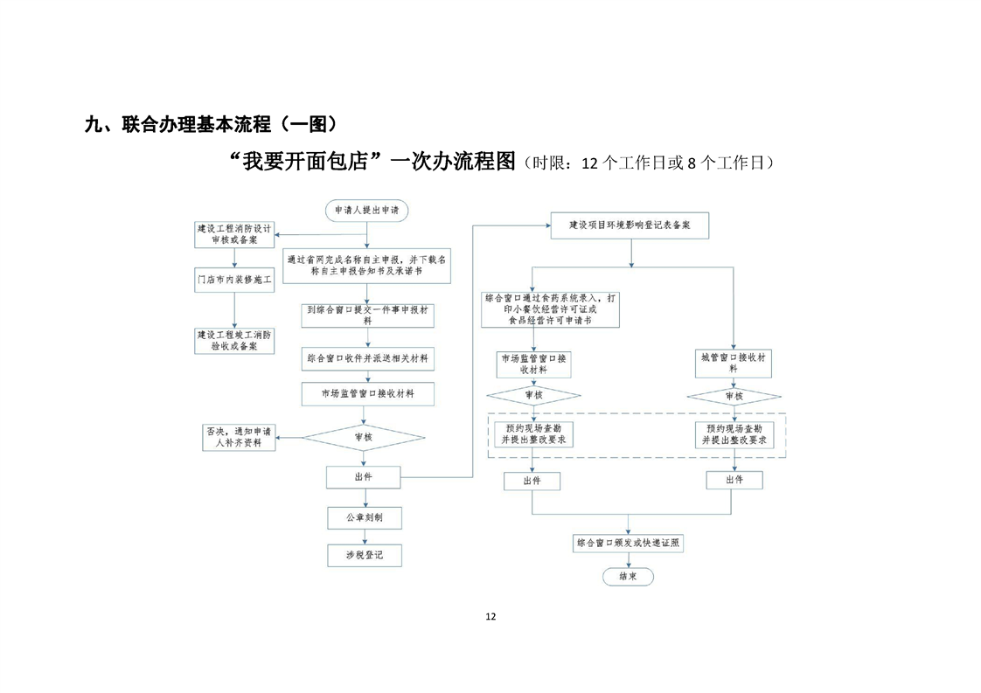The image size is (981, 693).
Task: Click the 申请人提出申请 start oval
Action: coord(366,211)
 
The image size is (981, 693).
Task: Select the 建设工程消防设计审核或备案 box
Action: coord(233,233)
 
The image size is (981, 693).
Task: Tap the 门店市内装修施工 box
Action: coord(233,280)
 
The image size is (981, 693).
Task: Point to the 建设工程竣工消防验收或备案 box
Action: coord(233,340)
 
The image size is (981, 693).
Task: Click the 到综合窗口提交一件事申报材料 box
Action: coord(367,315)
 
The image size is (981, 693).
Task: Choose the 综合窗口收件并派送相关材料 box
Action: coord(367,358)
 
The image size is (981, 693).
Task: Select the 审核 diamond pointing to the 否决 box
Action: coord(364,437)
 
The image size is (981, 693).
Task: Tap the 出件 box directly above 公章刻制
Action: coord(364,477)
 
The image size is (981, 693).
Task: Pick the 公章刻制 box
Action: coord(364,517)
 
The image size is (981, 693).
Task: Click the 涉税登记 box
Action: coord(364,555)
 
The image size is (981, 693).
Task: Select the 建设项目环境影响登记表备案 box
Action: coord(630,225)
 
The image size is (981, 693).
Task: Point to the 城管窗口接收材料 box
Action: coord(734,364)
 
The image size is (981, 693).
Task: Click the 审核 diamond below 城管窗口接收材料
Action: coord(734,397)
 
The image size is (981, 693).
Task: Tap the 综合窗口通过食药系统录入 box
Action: coord(550,309)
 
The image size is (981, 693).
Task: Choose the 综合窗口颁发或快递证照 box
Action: coord(628,543)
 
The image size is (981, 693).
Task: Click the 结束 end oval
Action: coord(628,577)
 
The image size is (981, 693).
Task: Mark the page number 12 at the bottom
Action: coord(491,616)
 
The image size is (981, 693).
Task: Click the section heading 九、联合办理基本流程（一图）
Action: coord(211,124)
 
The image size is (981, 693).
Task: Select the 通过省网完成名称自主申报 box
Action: coord(367,266)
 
